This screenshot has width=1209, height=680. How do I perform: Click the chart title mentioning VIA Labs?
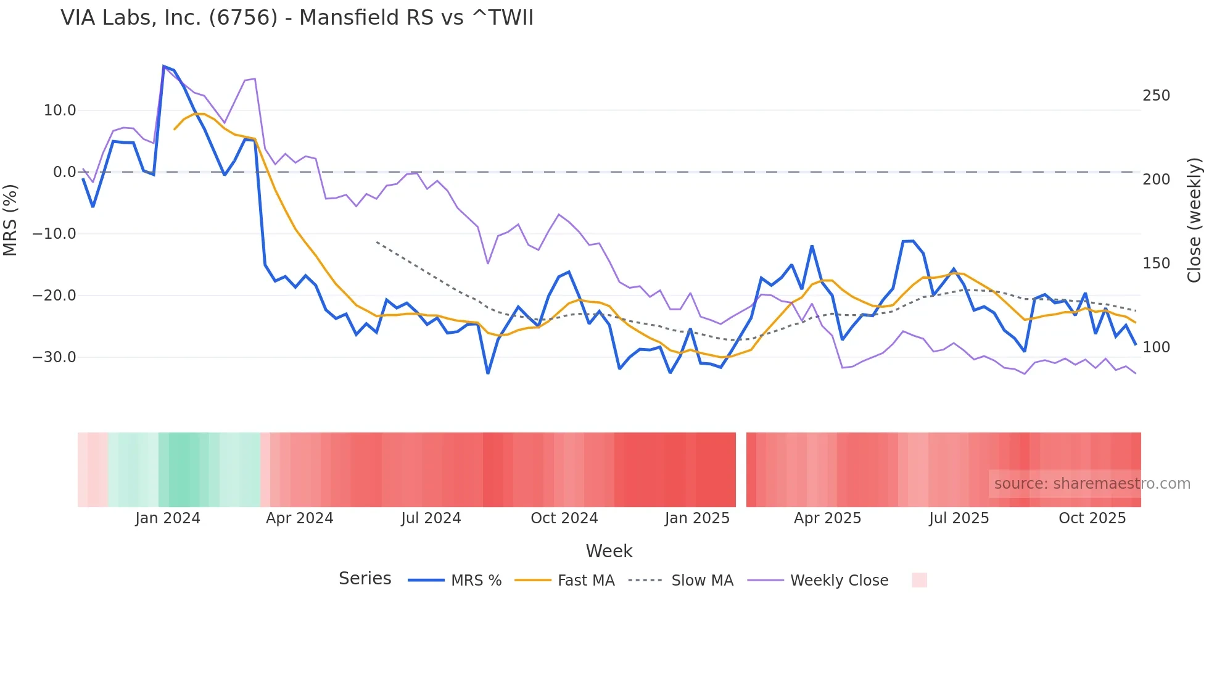(297, 18)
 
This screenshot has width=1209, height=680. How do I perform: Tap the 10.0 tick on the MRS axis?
(60, 110)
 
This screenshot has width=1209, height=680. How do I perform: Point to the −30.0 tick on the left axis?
(54, 357)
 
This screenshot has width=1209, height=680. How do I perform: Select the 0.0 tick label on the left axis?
(64, 172)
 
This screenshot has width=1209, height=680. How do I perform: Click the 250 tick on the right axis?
(1156, 96)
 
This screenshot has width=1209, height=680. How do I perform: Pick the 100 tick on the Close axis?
(1156, 347)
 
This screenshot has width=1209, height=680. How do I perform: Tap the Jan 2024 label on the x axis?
(168, 518)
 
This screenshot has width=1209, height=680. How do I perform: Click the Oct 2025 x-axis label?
(1092, 518)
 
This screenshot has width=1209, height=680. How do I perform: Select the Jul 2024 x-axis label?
(431, 518)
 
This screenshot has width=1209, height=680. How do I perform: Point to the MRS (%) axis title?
(10, 220)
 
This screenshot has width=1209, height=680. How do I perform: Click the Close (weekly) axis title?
(1195, 220)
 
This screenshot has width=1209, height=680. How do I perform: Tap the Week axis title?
(609, 551)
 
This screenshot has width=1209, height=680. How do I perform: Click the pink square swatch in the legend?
(919, 580)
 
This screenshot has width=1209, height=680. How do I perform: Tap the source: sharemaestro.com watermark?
(1092, 484)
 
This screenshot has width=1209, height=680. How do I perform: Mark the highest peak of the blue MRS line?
(164, 66)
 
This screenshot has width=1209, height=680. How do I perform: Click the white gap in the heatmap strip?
(741, 470)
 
